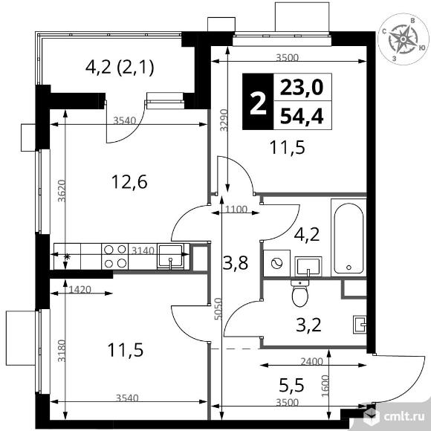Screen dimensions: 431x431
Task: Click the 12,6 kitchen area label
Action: click(129, 182)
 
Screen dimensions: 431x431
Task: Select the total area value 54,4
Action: click(302, 116)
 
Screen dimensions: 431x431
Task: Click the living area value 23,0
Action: click(302, 88)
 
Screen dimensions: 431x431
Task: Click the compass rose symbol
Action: click(403, 39)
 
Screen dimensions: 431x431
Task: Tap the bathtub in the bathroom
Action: click(349, 238)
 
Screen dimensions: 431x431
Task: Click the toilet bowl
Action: click(300, 294)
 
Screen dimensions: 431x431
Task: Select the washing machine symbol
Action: click(276, 263)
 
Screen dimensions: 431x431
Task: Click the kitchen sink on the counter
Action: click(170, 256)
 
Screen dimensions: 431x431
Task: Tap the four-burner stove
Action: click(115, 256)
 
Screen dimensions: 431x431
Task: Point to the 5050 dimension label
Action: click(218, 308)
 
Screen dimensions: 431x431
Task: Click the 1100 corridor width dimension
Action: click(236, 210)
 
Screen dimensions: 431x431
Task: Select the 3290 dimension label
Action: click(224, 120)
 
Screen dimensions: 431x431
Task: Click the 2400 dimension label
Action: click(311, 361)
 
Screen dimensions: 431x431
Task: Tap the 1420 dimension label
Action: click(80, 290)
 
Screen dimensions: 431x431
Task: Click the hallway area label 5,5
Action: click(291, 386)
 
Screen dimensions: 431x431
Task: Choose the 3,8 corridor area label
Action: click(236, 263)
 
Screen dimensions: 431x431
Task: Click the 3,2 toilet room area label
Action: click(308, 325)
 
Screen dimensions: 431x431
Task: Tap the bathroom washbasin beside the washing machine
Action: click(308, 267)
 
